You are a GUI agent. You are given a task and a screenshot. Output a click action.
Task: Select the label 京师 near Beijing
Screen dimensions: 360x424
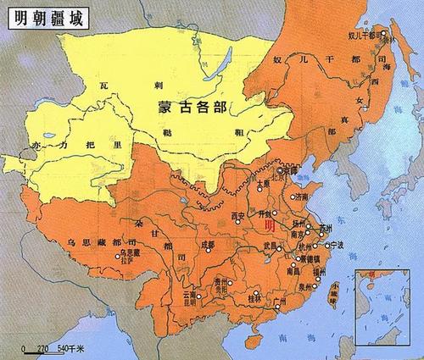(x=294, y=169)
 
